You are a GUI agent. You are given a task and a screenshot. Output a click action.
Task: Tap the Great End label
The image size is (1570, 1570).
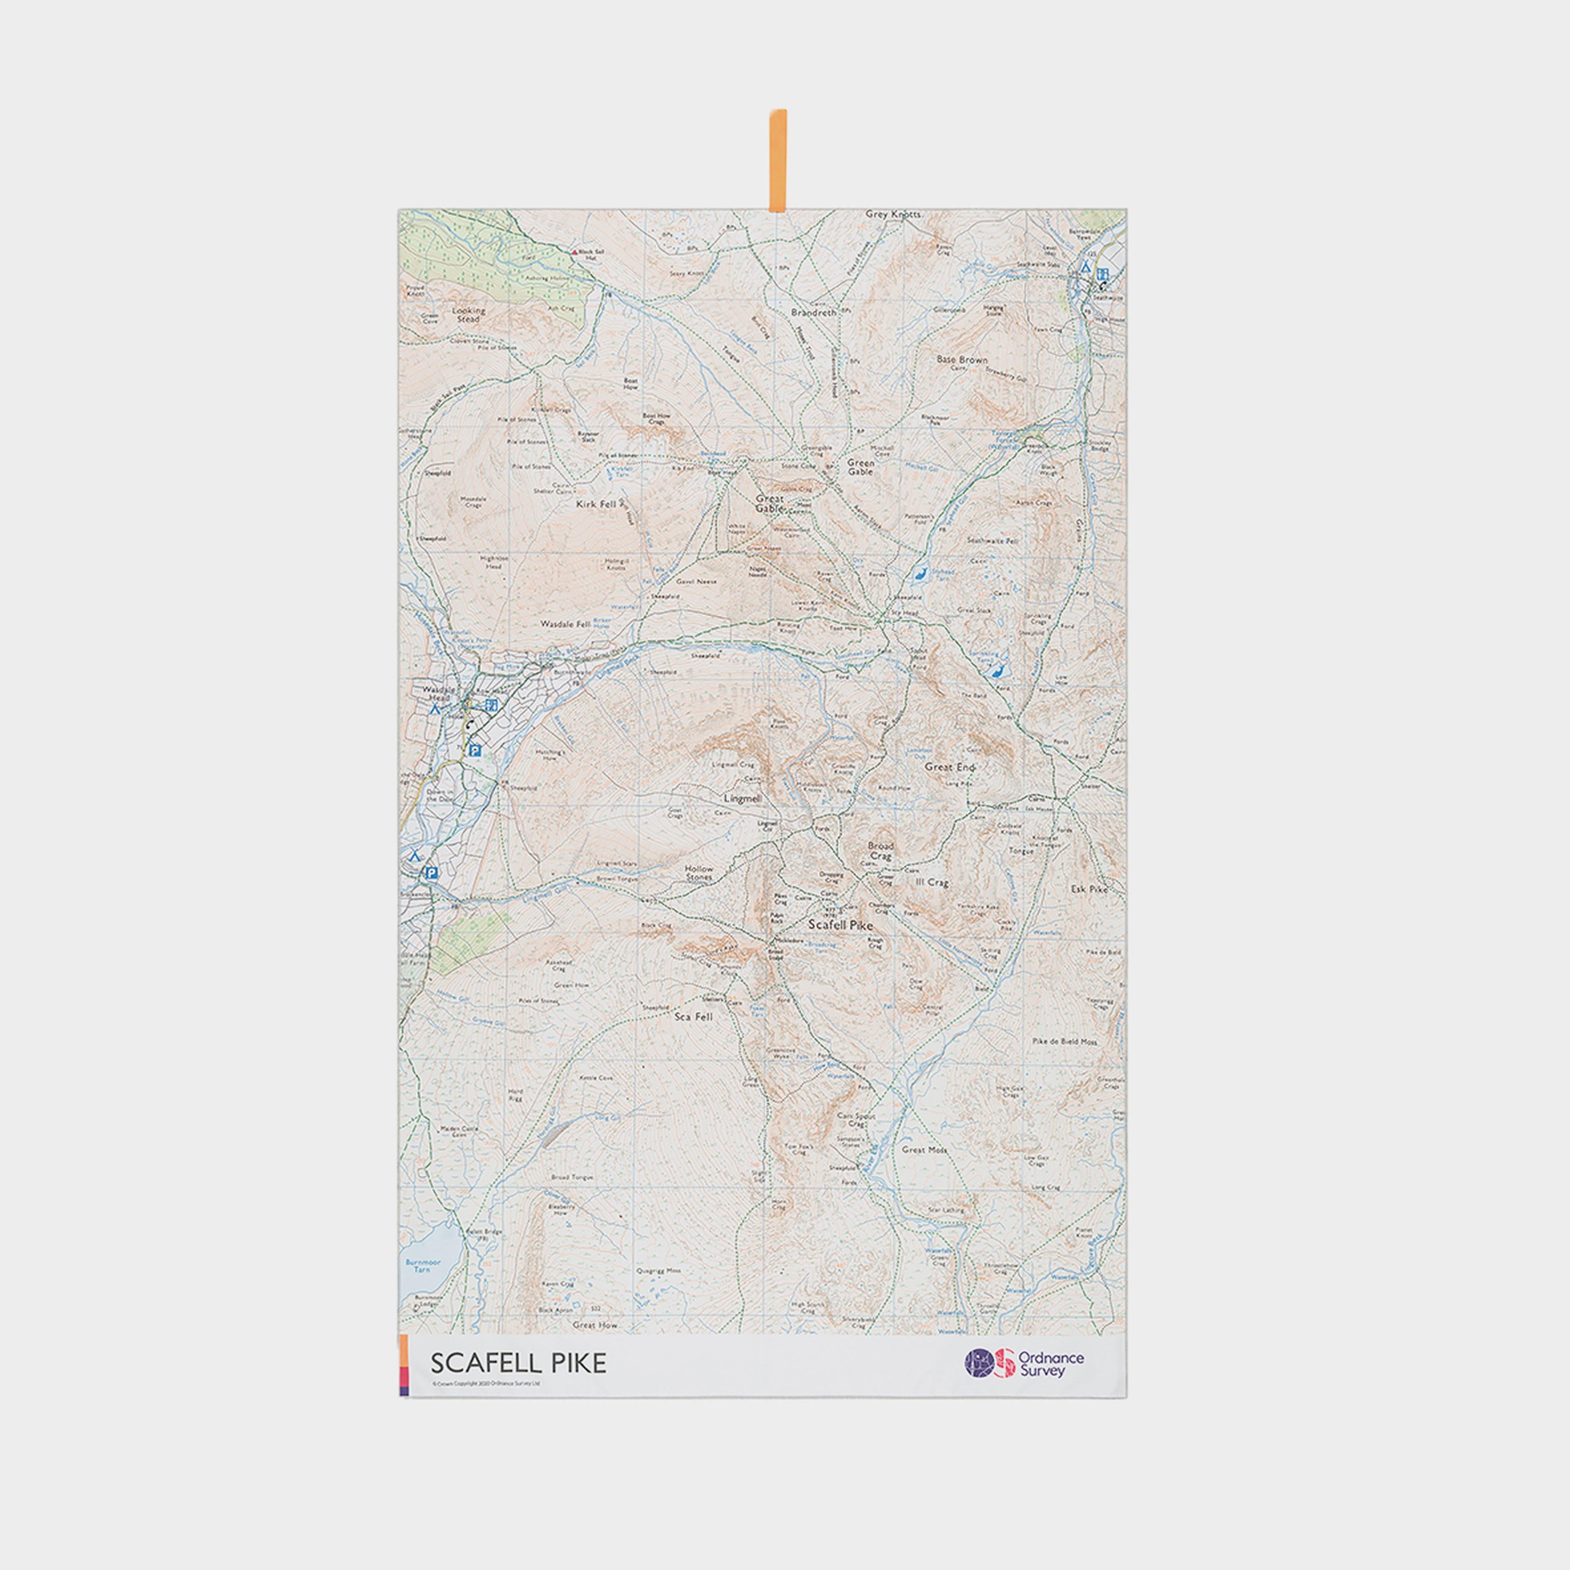click(949, 766)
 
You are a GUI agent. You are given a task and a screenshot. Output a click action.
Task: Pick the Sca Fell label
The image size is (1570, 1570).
click(694, 1017)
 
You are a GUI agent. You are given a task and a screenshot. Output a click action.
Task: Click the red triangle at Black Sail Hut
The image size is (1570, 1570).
click(575, 252)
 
